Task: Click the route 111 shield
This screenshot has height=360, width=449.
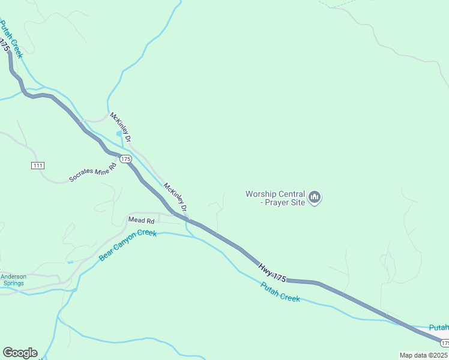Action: pyautogui.click(x=38, y=165)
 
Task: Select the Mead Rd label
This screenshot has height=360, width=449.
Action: pyautogui.click(x=142, y=220)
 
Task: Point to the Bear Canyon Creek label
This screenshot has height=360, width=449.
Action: pyautogui.click(x=127, y=245)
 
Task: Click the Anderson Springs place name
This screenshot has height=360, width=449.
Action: pyautogui.click(x=13, y=280)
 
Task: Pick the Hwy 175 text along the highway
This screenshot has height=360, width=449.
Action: pyautogui.click(x=273, y=272)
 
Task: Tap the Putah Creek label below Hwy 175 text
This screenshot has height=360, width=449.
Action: pyautogui.click(x=280, y=292)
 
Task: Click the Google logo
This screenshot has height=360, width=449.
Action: pyautogui.click(x=20, y=353)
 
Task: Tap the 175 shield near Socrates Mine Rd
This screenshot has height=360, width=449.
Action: pyautogui.click(x=125, y=159)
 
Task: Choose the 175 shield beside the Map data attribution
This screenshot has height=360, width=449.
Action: pyautogui.click(x=444, y=343)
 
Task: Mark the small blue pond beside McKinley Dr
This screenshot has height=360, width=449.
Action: pyautogui.click(x=119, y=133)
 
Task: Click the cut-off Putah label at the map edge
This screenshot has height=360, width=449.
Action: pyautogui.click(x=439, y=327)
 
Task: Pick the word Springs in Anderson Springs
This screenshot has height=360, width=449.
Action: pyautogui.click(x=13, y=283)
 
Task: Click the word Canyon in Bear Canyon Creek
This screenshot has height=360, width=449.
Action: pyautogui.click(x=127, y=245)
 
